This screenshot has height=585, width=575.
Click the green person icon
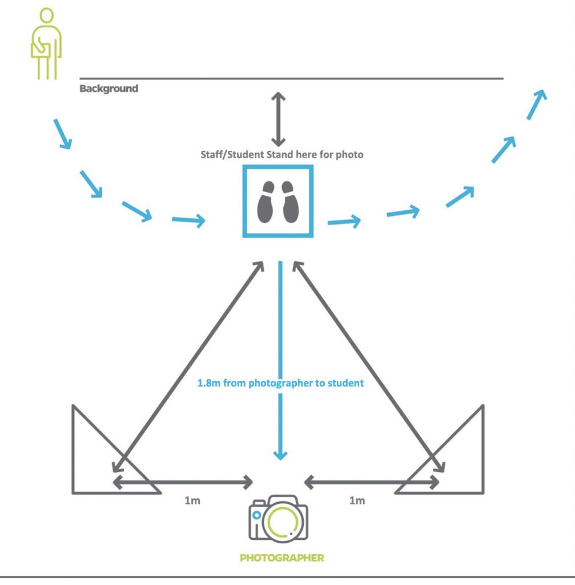(46, 44)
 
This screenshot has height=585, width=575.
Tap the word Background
(108, 89)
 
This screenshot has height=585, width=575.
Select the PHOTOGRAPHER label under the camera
(282, 558)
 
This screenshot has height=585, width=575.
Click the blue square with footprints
(278, 201)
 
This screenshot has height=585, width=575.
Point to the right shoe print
(289, 202)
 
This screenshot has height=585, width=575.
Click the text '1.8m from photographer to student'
(280, 383)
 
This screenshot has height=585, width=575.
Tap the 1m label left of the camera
(192, 501)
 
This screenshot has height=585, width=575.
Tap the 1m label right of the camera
(357, 501)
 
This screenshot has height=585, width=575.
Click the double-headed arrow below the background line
(278, 119)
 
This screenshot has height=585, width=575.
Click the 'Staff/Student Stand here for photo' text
(282, 154)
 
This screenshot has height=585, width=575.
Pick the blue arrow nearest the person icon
(62, 134)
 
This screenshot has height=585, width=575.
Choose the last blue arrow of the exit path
(537, 103)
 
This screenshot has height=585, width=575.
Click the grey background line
(291, 78)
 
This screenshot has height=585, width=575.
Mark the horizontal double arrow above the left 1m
(183, 483)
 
